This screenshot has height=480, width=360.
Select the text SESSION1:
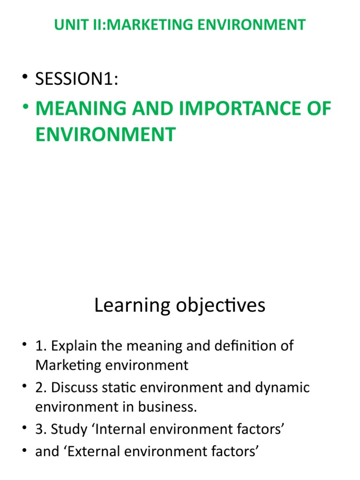(x=77, y=80)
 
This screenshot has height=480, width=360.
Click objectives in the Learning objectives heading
(x=220, y=306)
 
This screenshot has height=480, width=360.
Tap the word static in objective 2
(x=114, y=388)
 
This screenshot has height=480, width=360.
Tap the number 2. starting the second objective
(x=41, y=388)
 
